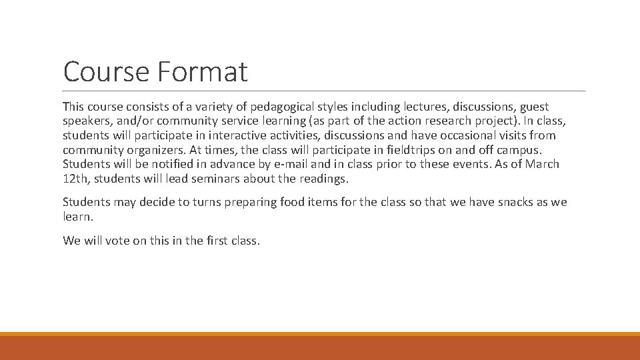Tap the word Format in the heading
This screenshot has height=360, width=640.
pos(204,72)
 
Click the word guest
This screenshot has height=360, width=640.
pos(534,107)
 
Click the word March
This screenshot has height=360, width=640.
pos(542,164)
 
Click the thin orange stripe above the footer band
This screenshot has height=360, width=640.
pos(320,334)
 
